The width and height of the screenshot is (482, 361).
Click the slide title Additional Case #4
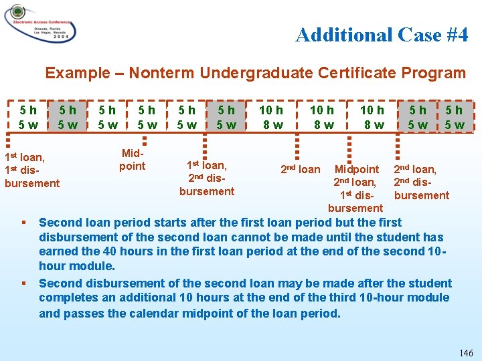[382, 35]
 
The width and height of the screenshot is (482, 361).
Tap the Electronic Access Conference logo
[40, 23]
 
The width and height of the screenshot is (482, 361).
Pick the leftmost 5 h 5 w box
[28, 117]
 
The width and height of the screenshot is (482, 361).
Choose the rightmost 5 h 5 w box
[454, 117]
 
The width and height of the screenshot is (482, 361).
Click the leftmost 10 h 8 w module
[271, 117]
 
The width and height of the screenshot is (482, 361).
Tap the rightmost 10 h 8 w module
[372, 117]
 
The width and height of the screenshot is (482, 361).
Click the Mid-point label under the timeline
[132, 160]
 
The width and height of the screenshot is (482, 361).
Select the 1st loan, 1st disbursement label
[31, 170]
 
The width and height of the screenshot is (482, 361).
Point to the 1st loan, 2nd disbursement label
[207, 178]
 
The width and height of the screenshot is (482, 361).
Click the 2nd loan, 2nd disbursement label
[421, 183]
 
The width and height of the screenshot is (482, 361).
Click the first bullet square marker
[23, 223]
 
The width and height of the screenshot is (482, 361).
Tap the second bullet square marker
[23, 283]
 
